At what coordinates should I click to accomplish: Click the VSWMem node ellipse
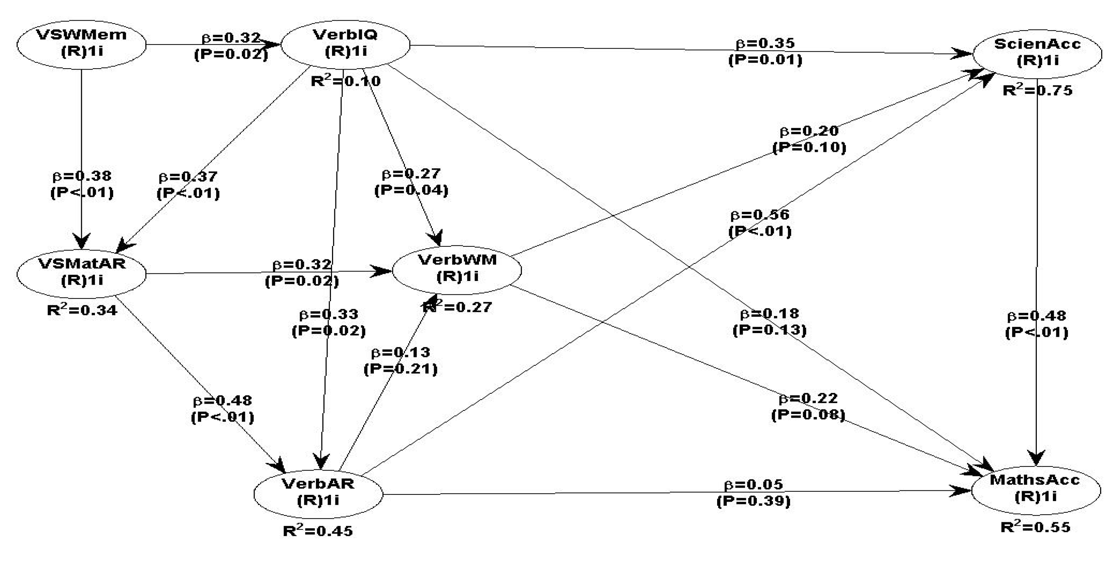pos(81,44)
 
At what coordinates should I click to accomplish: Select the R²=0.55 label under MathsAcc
pos(1035,527)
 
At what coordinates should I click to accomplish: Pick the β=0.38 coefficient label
pos(82,176)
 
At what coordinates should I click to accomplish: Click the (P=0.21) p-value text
pos(400,369)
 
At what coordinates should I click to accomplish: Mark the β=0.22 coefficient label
pos(808,398)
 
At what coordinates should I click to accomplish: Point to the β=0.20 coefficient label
pos(809,131)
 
